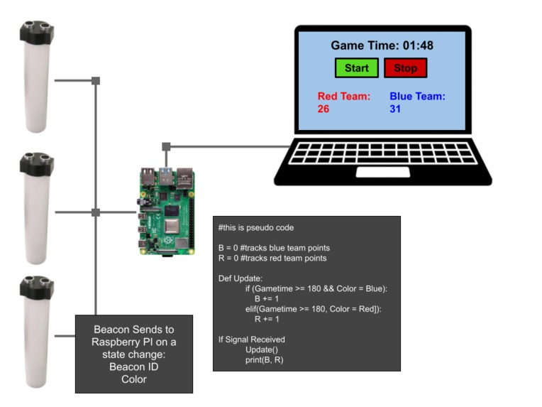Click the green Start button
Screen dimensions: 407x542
click(x=357, y=68)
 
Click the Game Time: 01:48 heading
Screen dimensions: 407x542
click(x=382, y=45)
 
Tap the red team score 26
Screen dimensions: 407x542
click(x=323, y=109)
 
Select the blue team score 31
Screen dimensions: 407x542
click(x=396, y=109)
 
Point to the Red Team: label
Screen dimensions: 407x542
click(x=343, y=97)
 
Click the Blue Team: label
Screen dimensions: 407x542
click(x=417, y=97)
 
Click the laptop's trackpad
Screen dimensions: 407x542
click(x=382, y=172)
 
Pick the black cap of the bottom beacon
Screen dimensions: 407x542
click(x=37, y=288)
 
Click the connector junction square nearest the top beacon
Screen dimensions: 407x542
click(x=96, y=81)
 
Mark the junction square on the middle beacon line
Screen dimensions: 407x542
click(x=96, y=212)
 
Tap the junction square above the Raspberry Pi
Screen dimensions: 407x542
click(x=166, y=147)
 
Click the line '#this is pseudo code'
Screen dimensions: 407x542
click(x=256, y=228)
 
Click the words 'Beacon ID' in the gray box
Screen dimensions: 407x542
click(x=133, y=367)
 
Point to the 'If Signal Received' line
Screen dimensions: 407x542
click(x=251, y=340)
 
